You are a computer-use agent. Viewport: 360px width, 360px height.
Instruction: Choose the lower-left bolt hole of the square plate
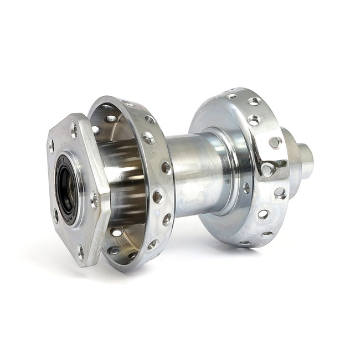pos(55,215)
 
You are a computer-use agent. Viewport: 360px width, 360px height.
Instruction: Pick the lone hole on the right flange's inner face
pos(246,188)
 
